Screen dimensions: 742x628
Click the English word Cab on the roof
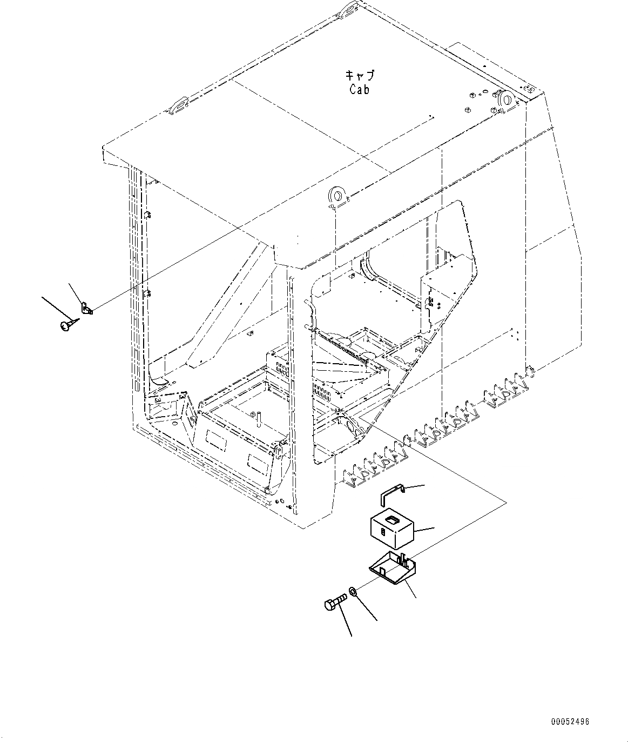(x=359, y=90)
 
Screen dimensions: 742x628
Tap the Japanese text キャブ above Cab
(x=360, y=76)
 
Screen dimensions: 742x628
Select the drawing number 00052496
(x=570, y=721)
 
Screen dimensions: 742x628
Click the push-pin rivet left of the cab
(x=65, y=325)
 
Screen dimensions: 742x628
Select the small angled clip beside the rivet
(x=86, y=309)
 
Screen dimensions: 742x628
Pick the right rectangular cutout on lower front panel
(x=258, y=461)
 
